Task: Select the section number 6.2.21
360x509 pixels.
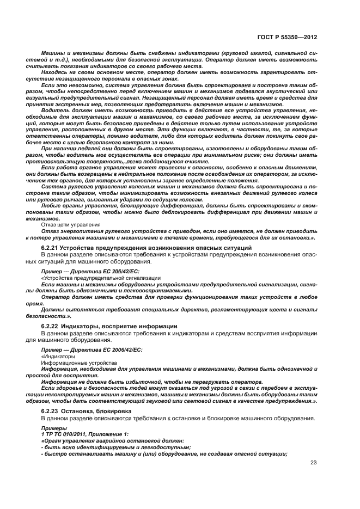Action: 50,248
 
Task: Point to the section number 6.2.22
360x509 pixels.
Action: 50,326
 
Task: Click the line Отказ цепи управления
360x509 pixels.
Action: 71,224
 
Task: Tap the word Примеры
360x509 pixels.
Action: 54,428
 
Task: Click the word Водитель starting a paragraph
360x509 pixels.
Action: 56,109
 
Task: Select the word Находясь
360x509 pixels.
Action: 57,72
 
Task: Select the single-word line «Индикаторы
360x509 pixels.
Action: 54,356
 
